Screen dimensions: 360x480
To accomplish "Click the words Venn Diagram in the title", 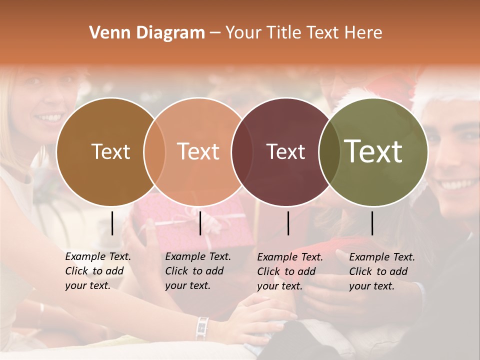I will pos(147,33).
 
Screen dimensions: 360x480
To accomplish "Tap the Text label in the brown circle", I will pos(111,151).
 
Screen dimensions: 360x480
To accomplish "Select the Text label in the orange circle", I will pos(198,151).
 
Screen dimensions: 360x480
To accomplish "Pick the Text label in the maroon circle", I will pos(285,151).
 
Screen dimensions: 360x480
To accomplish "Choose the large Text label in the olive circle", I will pos(373,151).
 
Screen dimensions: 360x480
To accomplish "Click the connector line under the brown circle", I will pos(112,223).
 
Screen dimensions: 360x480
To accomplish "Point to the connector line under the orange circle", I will pos(200,223).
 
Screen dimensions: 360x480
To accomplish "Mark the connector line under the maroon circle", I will pos(288,223).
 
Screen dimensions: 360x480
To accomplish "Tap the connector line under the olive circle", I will pos(372,223).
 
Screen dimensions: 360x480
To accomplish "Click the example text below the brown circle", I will pos(97,271).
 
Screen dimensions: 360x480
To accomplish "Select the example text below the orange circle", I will pos(197,271).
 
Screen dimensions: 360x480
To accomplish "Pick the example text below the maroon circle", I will pos(289,271).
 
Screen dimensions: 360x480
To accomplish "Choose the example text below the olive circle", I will pos(381,271).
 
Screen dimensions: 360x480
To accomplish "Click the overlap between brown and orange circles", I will pos(154,151).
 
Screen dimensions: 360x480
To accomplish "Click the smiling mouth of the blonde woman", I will pos(50,118).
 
